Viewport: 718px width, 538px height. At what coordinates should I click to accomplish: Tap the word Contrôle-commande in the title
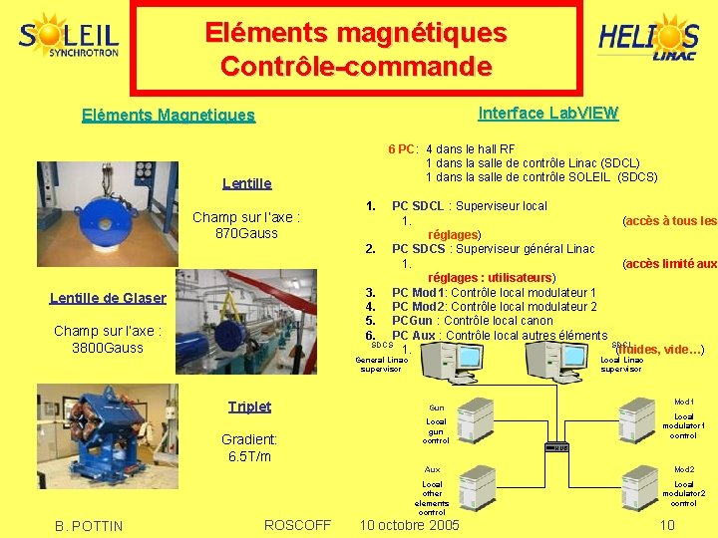coord(356,67)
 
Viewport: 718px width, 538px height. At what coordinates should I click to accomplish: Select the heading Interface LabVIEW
coord(548,113)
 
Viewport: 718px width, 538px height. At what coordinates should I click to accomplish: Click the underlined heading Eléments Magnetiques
coord(168,116)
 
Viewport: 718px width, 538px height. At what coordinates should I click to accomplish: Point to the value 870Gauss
coord(246,233)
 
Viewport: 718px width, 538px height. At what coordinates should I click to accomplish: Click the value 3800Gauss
coord(108,348)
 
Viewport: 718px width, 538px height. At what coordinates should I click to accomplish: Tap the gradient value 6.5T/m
coord(249,456)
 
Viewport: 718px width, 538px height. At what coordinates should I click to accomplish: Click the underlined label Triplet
coord(249,406)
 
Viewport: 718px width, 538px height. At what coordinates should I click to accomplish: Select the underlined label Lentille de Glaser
coord(108,297)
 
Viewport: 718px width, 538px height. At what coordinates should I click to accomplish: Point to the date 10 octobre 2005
coord(409,525)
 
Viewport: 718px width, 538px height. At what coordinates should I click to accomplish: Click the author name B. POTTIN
coord(90,526)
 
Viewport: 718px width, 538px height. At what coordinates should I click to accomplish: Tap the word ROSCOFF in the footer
coord(297,525)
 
